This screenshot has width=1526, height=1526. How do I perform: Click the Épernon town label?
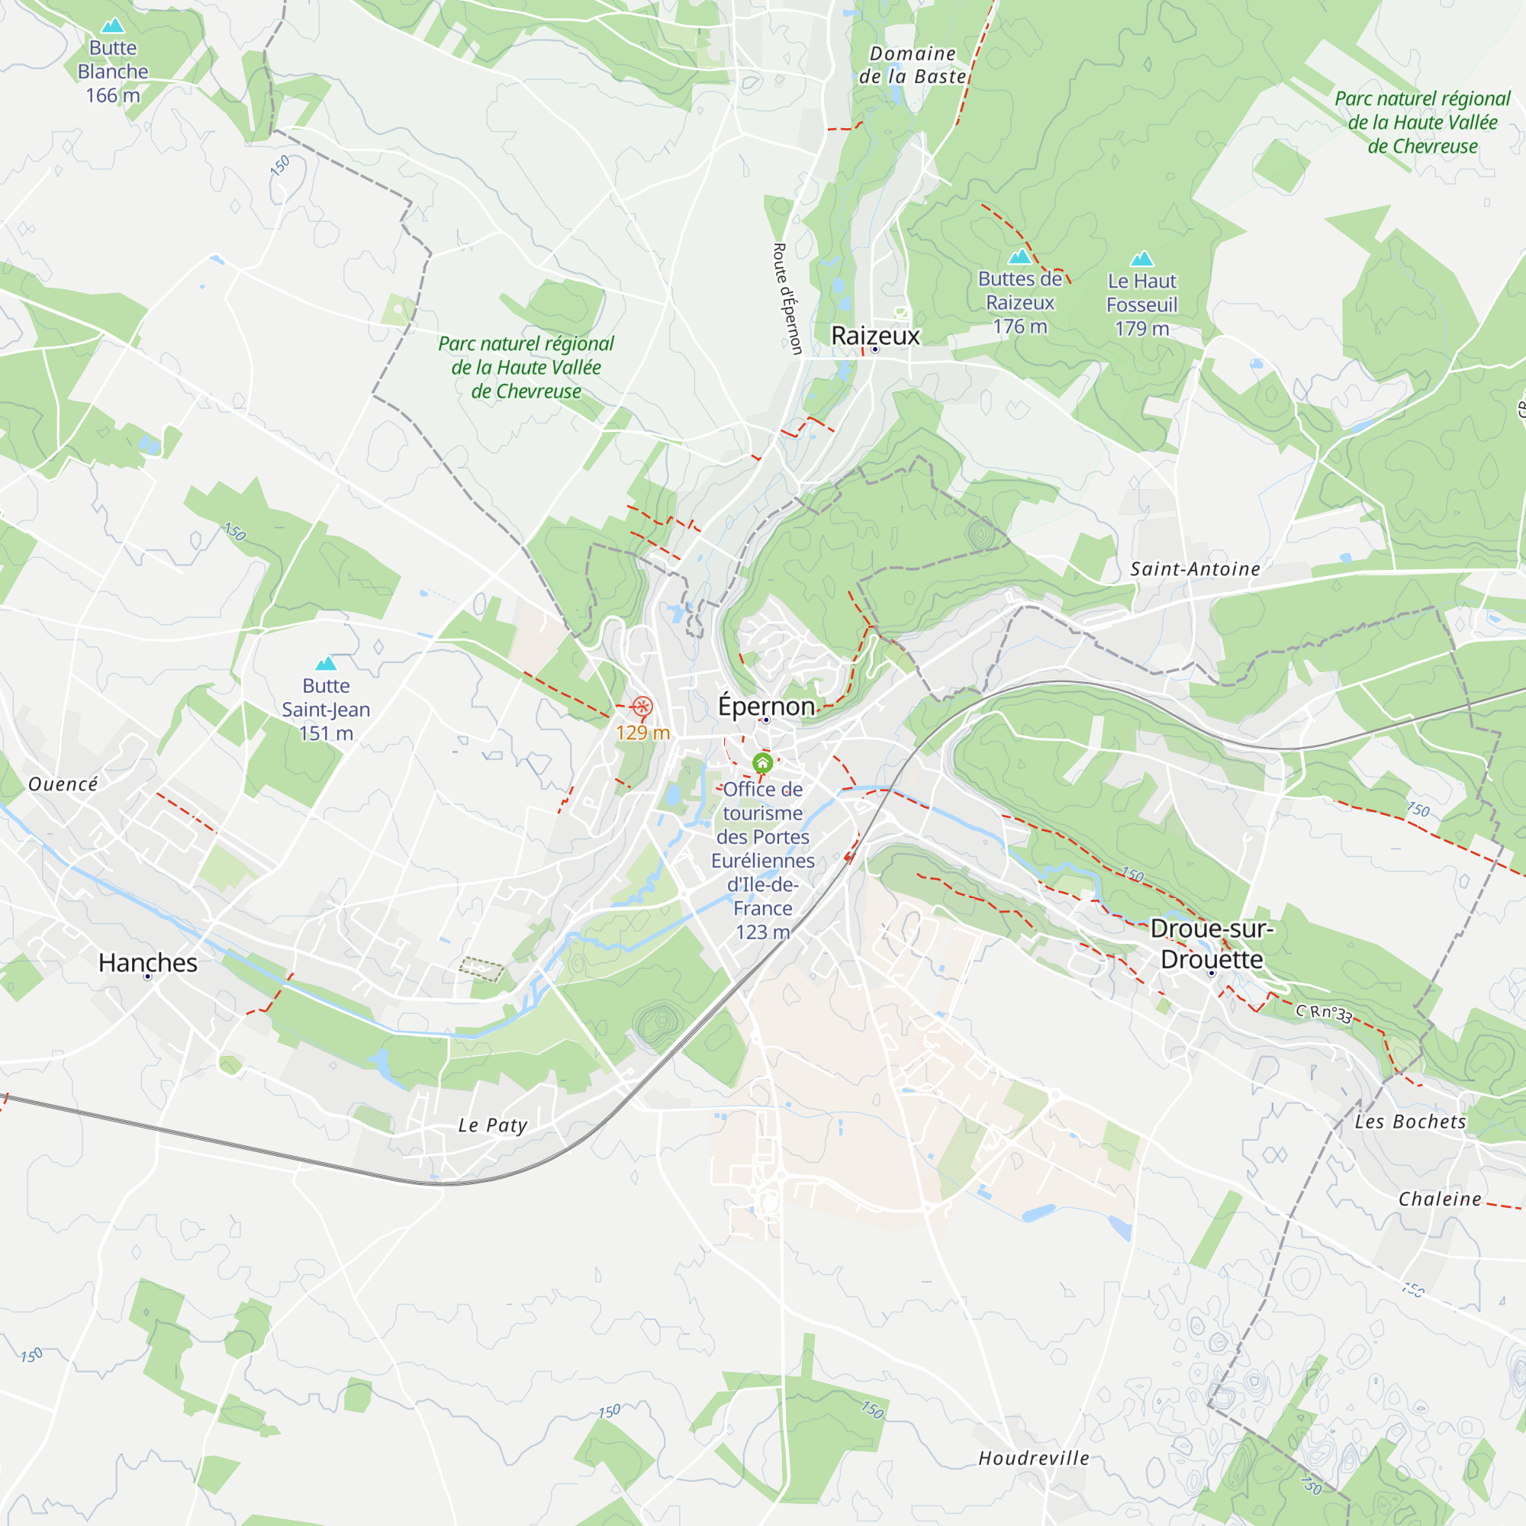tap(765, 705)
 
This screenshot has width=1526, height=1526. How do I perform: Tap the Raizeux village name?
tap(875, 336)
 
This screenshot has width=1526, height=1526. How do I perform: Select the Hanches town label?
tap(148, 962)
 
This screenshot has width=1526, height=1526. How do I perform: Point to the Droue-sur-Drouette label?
tap(1212, 943)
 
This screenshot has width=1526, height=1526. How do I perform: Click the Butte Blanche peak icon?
tap(113, 26)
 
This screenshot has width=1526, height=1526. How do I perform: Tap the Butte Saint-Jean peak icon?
tap(326, 664)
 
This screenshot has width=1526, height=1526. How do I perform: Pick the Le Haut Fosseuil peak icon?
tap(1141, 259)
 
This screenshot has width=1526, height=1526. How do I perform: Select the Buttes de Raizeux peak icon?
tap(1019, 256)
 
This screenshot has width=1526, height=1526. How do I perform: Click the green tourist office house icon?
tap(762, 763)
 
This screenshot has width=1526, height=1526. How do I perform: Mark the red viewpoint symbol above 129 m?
tap(642, 706)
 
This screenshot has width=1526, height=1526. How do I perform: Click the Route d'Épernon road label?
tap(787, 298)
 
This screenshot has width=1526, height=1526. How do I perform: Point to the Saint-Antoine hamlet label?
tap(1194, 568)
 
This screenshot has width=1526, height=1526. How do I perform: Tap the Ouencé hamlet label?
tap(63, 784)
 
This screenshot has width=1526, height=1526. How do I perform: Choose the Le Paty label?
tap(493, 1125)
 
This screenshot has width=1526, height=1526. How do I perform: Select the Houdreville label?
tap(1033, 1457)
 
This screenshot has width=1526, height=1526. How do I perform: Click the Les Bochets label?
tap(1410, 1121)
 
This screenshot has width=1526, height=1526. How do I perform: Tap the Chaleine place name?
tap(1440, 1198)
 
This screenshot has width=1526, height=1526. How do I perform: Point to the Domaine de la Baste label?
tap(913, 65)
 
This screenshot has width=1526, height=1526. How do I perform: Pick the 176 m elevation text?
tap(1019, 327)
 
